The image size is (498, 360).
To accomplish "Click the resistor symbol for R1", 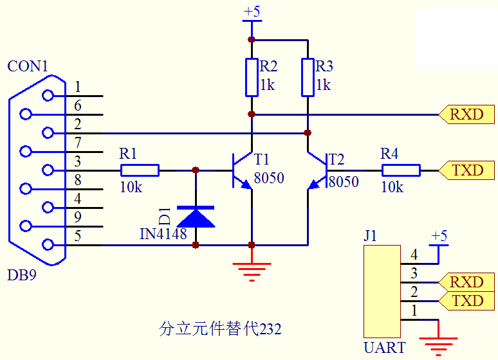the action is click(x=140, y=170).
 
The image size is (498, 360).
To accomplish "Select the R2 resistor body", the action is click(x=252, y=77).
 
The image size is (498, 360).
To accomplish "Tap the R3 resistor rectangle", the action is click(x=308, y=77).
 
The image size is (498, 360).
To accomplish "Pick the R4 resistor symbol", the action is click(x=401, y=170).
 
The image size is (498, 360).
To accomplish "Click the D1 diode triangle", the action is click(x=196, y=217).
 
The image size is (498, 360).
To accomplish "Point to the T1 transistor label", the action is click(x=261, y=159).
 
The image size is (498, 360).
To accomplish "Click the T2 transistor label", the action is click(x=337, y=159).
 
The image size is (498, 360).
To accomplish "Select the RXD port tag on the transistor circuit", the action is click(x=466, y=114).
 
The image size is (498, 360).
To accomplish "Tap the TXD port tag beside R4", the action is click(x=466, y=170).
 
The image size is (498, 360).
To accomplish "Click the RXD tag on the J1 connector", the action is click(x=466, y=282).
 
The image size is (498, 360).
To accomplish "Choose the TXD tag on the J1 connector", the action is click(x=466, y=301).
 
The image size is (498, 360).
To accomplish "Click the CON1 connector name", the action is click(x=28, y=66).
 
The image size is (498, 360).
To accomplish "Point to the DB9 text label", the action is click(x=22, y=275).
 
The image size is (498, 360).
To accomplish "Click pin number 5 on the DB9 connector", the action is click(x=77, y=236).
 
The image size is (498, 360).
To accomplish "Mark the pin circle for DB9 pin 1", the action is click(x=48, y=95).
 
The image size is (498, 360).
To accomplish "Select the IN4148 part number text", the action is click(x=163, y=234).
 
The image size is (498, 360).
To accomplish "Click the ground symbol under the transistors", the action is click(x=252, y=272).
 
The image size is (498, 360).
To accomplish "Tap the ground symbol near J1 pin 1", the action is click(x=438, y=346).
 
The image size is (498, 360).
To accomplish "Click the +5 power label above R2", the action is click(x=252, y=12).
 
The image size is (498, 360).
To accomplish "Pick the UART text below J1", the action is click(x=385, y=348).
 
